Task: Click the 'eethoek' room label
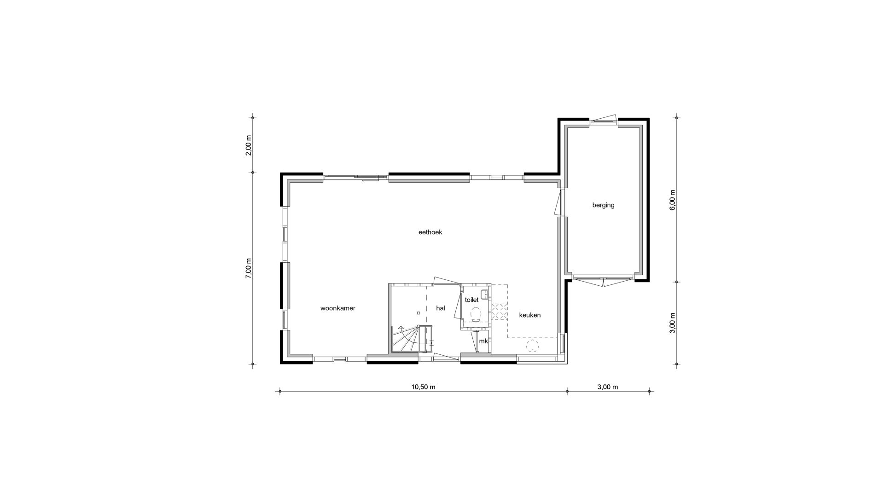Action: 430,232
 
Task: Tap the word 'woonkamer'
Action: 338,308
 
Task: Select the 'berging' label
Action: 603,205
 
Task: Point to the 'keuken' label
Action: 529,315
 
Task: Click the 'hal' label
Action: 441,308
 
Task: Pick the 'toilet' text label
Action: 471,300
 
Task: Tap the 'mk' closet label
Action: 483,341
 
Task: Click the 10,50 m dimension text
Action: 423,387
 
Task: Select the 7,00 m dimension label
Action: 249,268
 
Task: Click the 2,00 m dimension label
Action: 249,145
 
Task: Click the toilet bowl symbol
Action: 476,315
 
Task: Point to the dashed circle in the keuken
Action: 533,347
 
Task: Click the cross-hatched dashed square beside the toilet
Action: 499,311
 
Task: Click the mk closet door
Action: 474,341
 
